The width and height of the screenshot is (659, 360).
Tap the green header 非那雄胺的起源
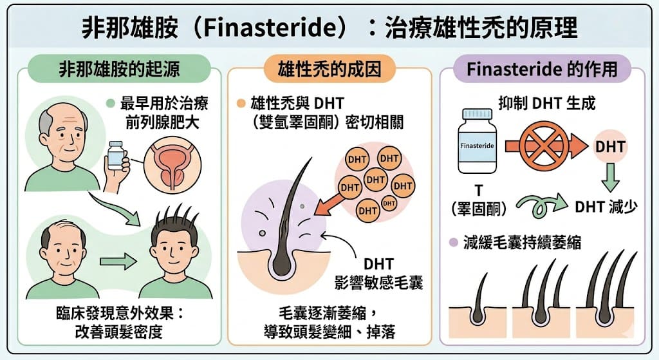point(119,68)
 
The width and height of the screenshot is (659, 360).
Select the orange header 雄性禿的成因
point(329,68)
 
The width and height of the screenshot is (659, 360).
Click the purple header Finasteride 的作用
point(542,68)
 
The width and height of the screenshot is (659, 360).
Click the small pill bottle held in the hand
point(116,155)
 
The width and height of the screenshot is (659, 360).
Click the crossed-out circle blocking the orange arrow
point(544,146)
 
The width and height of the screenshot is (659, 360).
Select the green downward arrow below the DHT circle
point(610,177)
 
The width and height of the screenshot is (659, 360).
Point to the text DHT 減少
point(606,207)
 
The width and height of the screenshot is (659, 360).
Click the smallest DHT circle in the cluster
point(389,204)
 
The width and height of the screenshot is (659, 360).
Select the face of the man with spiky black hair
point(174,252)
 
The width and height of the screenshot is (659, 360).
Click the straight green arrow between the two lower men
point(118,262)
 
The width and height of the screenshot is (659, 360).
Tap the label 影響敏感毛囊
point(378,283)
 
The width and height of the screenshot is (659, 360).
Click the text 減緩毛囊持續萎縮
point(523,243)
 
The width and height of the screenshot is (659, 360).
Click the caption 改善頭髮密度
point(118,332)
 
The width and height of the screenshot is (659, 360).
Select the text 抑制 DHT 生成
point(547,103)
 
